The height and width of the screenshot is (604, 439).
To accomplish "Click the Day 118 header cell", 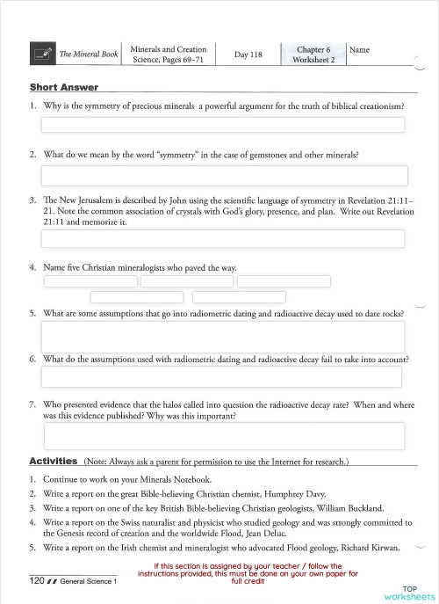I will [x=248, y=55].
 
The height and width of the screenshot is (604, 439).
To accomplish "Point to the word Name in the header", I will [x=359, y=50].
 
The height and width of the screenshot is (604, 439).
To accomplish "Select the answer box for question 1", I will [x=222, y=125].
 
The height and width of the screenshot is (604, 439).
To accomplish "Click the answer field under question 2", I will [x=224, y=175].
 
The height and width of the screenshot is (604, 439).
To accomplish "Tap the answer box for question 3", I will [x=222, y=239].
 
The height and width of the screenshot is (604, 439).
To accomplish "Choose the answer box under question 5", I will [x=224, y=337].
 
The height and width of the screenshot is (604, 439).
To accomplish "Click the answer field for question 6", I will [x=222, y=377].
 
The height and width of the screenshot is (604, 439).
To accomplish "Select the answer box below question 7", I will [x=224, y=436].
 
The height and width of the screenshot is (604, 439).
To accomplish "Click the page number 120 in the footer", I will [x=37, y=581].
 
